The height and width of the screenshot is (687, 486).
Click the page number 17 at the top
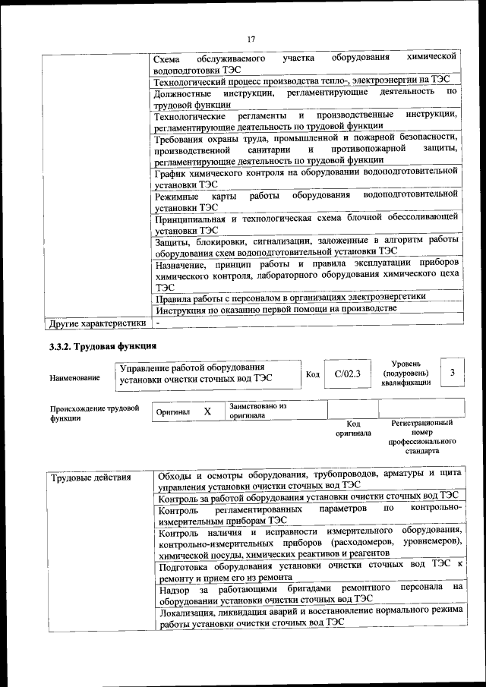(251, 39)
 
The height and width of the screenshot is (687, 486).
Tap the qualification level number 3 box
(453, 373)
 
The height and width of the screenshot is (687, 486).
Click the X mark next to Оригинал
(207, 411)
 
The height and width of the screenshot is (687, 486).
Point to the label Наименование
(74, 377)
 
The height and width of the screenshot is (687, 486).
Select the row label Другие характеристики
(96, 323)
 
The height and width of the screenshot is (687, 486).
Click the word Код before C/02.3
(313, 374)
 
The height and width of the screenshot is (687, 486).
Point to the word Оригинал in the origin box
(172, 411)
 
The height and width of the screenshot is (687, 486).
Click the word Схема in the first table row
(167, 58)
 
